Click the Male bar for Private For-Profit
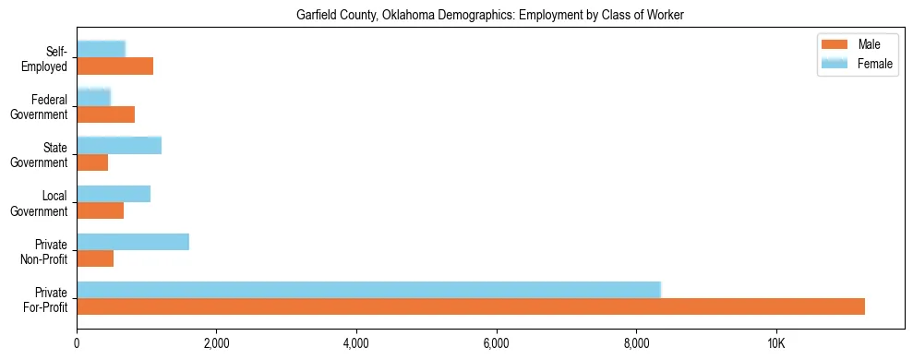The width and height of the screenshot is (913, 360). click(471, 306)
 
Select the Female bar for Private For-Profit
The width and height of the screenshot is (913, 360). click(368, 290)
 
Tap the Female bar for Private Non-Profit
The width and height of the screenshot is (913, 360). click(133, 242)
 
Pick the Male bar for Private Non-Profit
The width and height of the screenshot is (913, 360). click(95, 258)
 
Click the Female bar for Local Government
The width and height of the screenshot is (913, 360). click(114, 194)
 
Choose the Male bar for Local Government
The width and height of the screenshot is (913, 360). click(100, 210)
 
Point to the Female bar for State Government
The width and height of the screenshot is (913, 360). click(119, 145)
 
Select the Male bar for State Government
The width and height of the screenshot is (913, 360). click(92, 162)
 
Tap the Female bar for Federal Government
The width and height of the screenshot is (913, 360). click(93, 97)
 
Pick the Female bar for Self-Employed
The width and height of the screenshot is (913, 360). click(101, 49)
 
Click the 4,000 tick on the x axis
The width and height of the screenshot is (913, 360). click(356, 344)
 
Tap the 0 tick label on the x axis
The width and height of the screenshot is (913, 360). click(77, 344)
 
